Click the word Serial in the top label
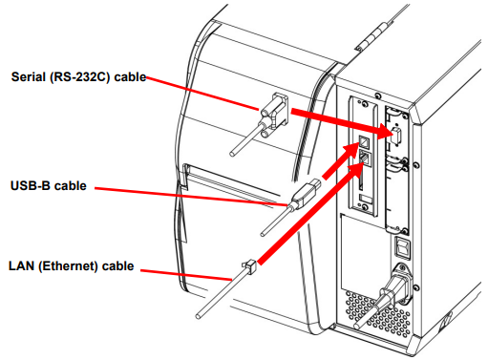(x=28, y=77)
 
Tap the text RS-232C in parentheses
(x=79, y=77)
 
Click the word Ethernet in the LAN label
(x=68, y=266)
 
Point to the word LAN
(x=21, y=266)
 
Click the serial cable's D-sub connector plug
(x=274, y=115)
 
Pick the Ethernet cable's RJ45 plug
(x=249, y=266)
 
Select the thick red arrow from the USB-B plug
(x=341, y=160)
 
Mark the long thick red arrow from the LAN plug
(x=310, y=214)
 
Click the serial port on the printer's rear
(x=395, y=136)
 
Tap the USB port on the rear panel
(x=364, y=142)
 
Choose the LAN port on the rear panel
(x=366, y=158)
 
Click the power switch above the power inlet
(x=403, y=247)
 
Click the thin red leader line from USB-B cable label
(x=191, y=197)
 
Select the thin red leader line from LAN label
(x=186, y=275)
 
